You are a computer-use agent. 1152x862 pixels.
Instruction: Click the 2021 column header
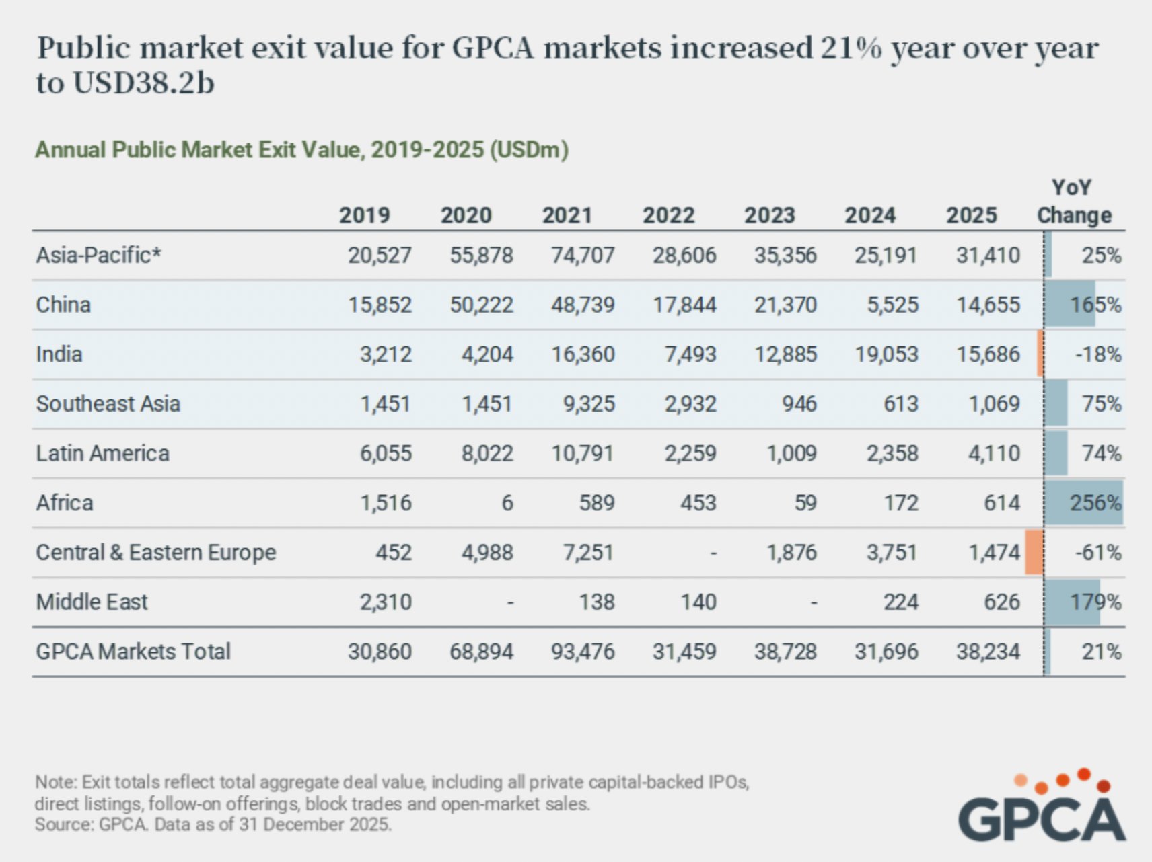click(x=567, y=215)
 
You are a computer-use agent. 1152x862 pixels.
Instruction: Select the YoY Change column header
click(x=1074, y=202)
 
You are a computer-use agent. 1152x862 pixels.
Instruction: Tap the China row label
click(x=63, y=305)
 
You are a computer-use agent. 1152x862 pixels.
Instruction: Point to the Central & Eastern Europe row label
click(x=155, y=553)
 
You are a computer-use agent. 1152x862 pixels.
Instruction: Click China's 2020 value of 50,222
click(x=481, y=305)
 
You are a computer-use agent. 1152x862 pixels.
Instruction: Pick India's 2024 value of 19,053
click(x=886, y=354)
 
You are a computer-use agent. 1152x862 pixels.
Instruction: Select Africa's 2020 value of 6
click(x=507, y=503)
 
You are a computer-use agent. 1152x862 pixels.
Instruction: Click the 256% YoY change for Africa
click(x=1095, y=503)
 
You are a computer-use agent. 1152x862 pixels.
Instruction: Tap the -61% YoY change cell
click(x=1097, y=553)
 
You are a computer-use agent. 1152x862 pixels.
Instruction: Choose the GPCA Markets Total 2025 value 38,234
click(x=988, y=652)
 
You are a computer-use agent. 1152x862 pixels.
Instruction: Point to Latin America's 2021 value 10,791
click(x=583, y=454)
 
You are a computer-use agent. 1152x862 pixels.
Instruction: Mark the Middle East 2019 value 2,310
click(x=386, y=602)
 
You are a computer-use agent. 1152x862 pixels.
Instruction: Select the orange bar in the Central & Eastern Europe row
click(x=1034, y=552)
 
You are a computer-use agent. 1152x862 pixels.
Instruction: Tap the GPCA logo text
click(x=1042, y=818)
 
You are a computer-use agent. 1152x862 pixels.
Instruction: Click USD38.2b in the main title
click(x=143, y=83)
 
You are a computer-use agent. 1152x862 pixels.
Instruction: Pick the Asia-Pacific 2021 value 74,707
click(x=583, y=256)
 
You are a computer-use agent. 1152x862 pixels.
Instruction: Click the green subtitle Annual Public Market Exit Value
click(x=301, y=149)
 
